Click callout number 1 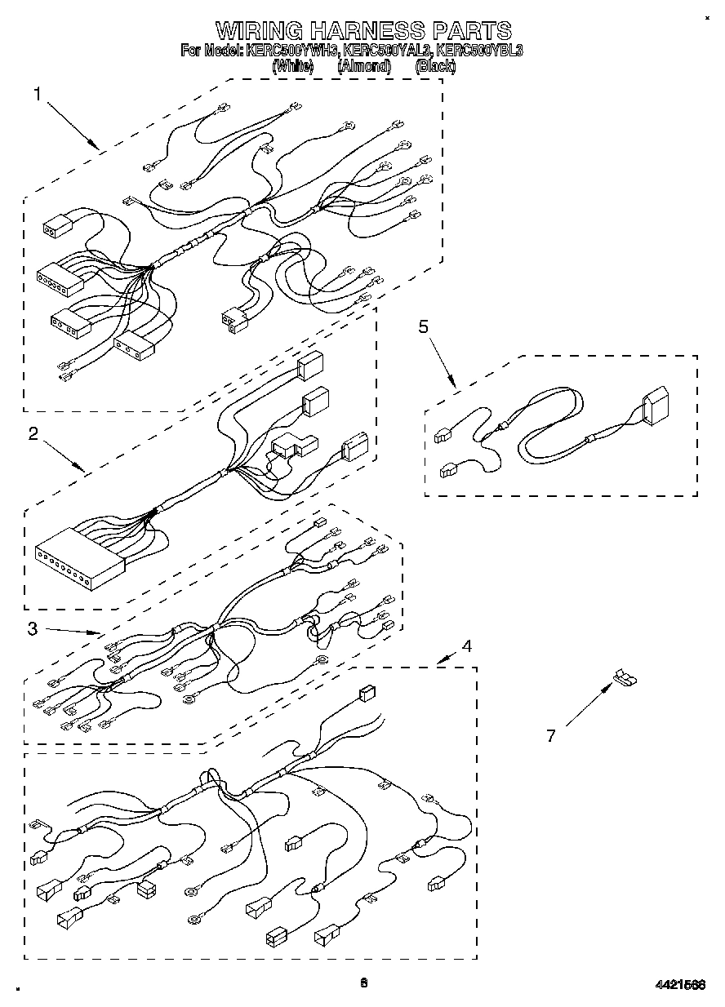tap(37, 95)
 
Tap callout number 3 tap(32, 628)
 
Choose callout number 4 tap(466, 646)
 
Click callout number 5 tap(423, 327)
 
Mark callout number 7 tap(550, 736)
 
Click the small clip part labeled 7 tap(625, 677)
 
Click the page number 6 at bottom tap(363, 983)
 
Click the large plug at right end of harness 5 tap(656, 406)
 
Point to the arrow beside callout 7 tap(587, 706)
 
